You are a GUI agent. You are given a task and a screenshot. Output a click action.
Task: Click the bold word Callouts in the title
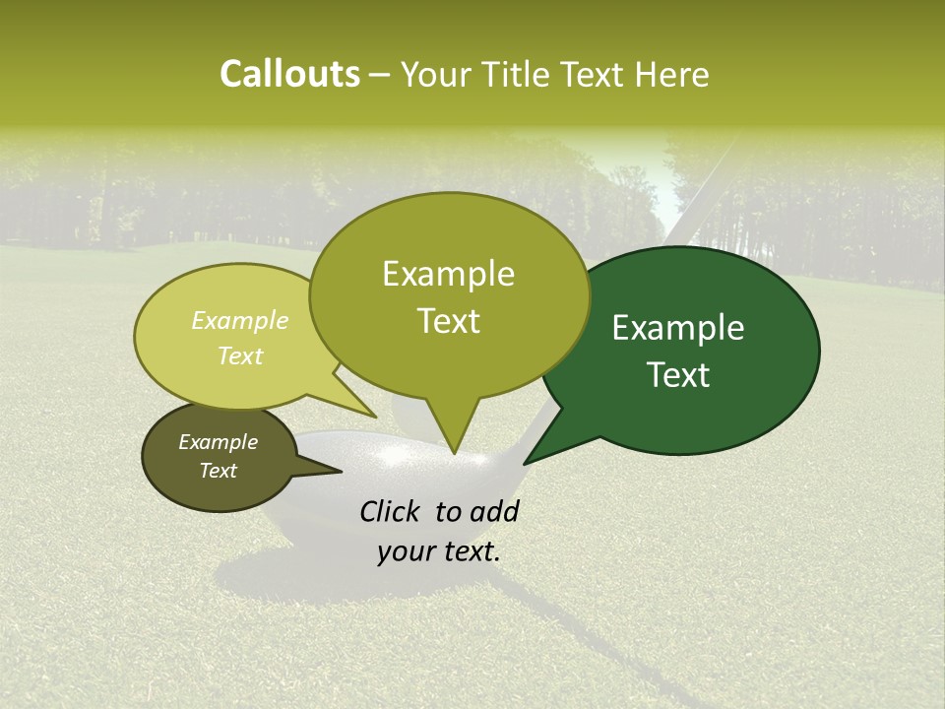point(289,74)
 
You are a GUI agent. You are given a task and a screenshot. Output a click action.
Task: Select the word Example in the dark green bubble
point(678,328)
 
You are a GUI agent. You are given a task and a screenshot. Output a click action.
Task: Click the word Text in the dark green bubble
point(678,375)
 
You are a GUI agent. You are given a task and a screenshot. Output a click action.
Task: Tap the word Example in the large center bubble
point(448,274)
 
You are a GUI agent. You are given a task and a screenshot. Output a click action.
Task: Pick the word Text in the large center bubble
point(448,321)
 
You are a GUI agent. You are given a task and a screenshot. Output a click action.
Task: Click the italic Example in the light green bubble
point(239,321)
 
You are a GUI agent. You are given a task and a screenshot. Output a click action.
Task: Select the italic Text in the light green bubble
point(239,355)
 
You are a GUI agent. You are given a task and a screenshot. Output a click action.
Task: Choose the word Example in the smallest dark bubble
point(218,442)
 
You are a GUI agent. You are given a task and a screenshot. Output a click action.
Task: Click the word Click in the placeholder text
point(391,511)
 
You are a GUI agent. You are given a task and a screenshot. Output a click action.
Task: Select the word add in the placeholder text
point(494,511)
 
